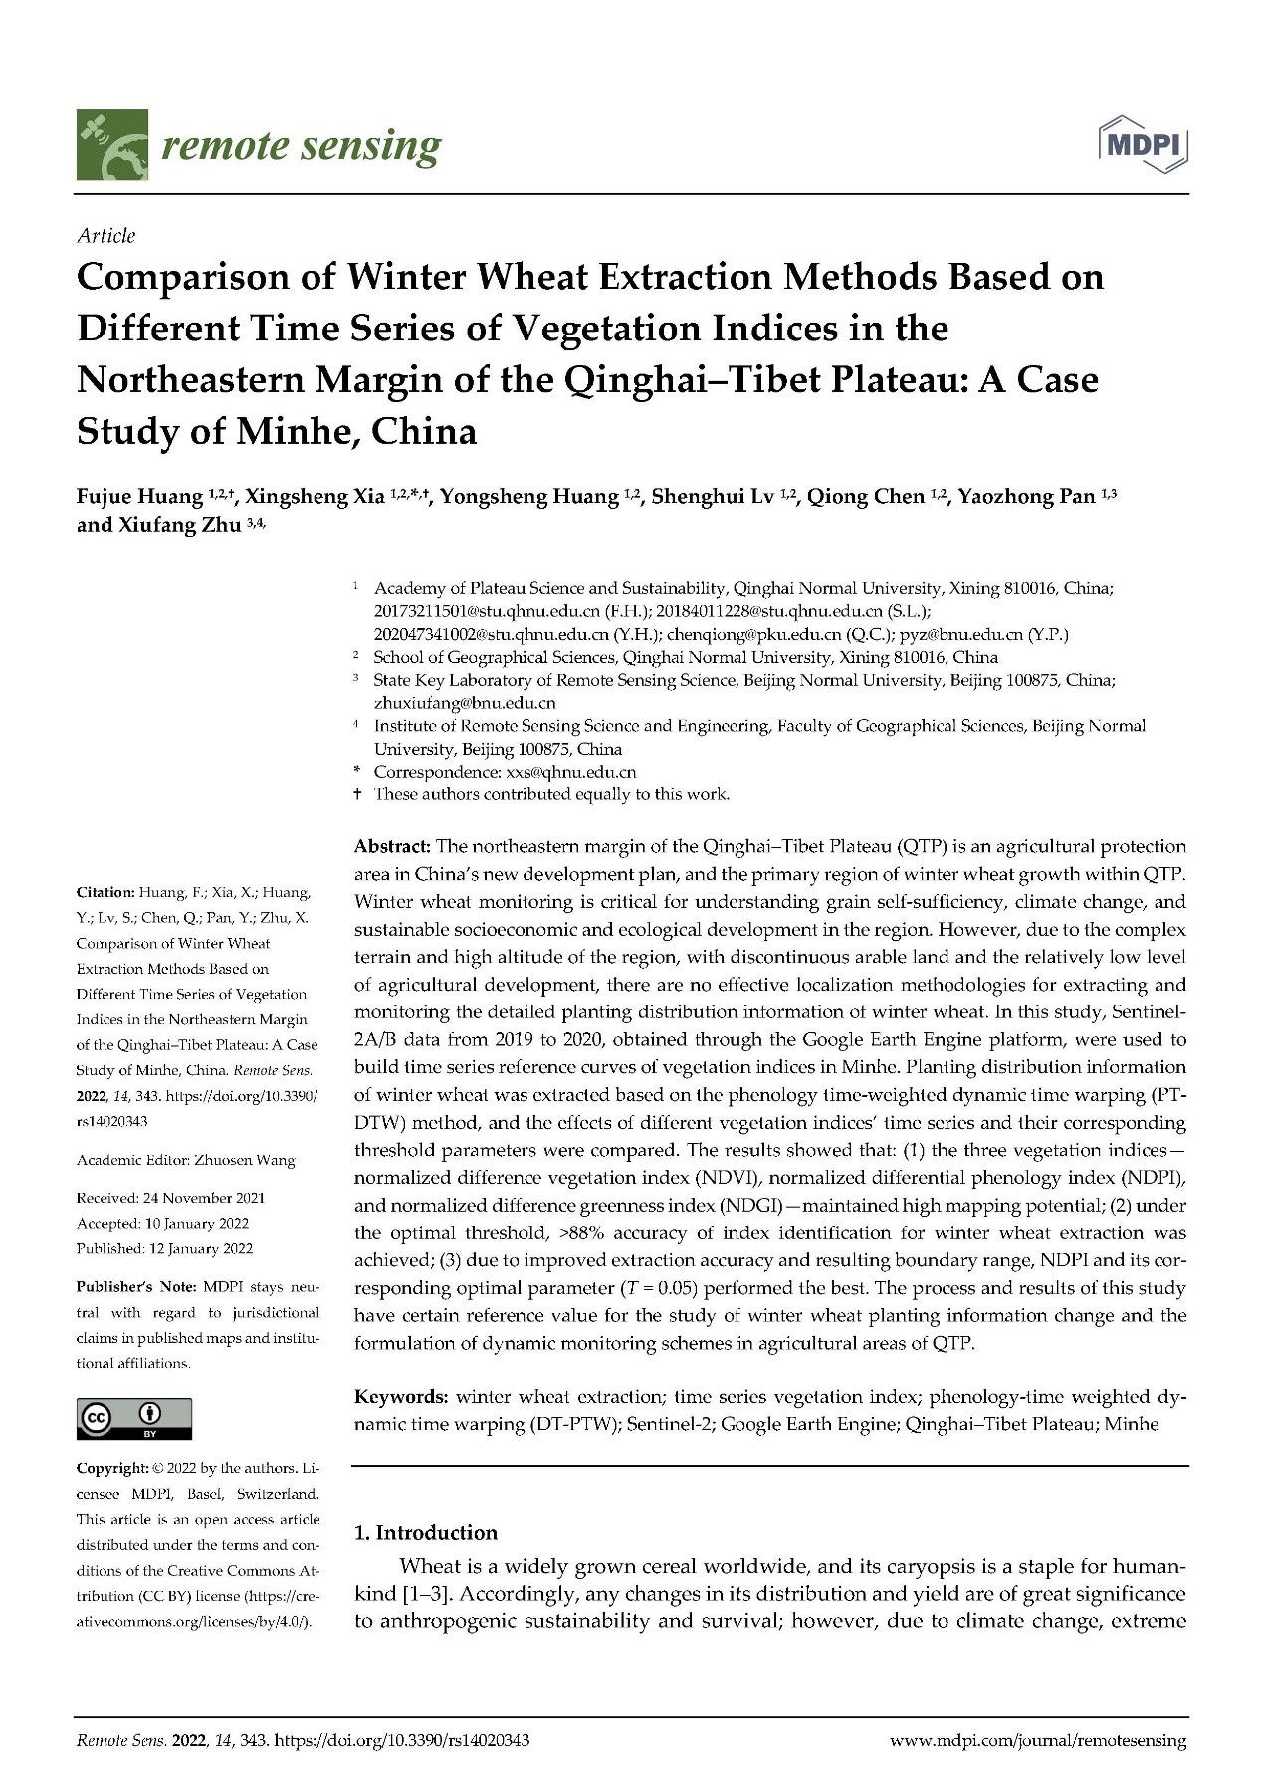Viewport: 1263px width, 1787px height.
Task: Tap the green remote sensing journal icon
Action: click(112, 145)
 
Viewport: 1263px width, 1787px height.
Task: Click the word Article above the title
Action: click(105, 236)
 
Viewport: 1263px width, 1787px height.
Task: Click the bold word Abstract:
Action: click(392, 847)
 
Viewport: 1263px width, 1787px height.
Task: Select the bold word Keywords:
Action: click(401, 1397)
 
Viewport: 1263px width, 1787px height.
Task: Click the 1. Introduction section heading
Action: click(426, 1533)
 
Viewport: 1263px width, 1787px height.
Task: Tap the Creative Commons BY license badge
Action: click(134, 1419)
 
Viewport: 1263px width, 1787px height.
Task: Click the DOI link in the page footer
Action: click(401, 1741)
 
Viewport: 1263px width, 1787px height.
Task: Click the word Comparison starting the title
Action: click(192, 277)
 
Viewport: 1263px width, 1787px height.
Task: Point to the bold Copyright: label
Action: click(111, 1468)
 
